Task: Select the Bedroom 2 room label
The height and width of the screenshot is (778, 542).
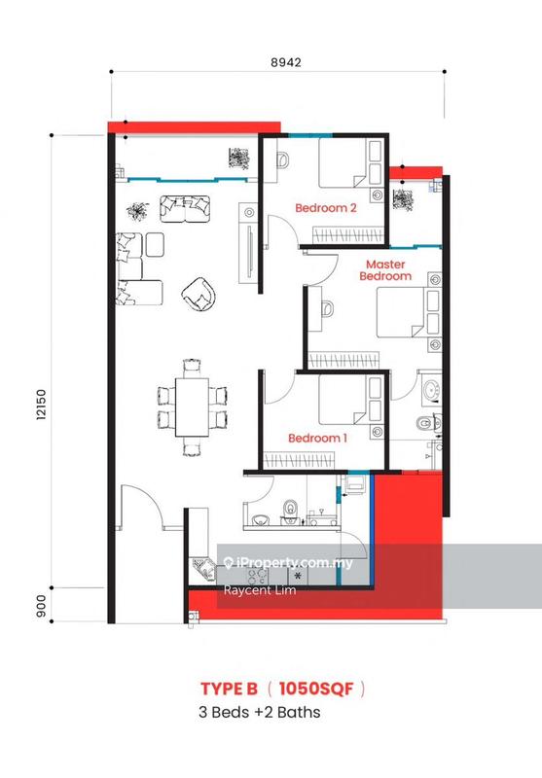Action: pos(326,207)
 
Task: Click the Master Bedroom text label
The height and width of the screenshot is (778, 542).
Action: pos(388,269)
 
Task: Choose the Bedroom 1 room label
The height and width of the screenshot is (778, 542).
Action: pos(318,438)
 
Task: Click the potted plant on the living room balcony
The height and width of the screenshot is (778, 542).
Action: pos(237,159)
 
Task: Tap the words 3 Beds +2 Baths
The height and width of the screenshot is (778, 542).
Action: pos(258,712)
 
